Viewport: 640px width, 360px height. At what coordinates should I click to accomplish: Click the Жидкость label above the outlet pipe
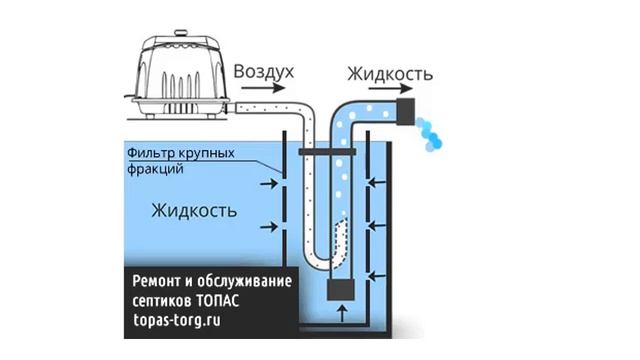389,74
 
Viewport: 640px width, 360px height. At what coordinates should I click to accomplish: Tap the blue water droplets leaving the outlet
435,134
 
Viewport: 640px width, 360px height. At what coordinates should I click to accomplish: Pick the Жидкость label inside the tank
194,211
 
